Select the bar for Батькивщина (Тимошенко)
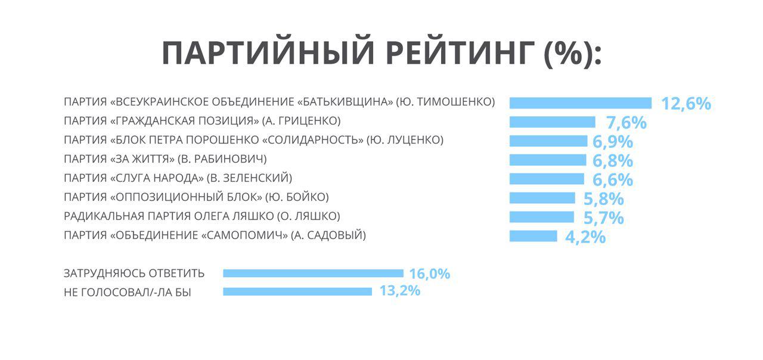tap(581, 103)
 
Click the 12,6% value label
tap(686, 104)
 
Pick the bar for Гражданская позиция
tap(553, 122)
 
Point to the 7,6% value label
tap(626, 123)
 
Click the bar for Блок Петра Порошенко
tap(548, 141)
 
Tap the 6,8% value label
tap(613, 161)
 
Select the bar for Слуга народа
tap(547, 179)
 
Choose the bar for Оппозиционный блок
tap(542, 198)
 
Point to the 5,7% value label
tap(603, 218)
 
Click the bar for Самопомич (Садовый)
tap(534, 236)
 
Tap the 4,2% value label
tap(585, 237)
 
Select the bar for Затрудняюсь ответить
tap(313, 273)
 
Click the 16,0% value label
tap(429, 274)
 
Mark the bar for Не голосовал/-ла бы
tap(297, 291)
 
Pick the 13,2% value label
tap(399, 291)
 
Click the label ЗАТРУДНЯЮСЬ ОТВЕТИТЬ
tap(134, 274)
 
